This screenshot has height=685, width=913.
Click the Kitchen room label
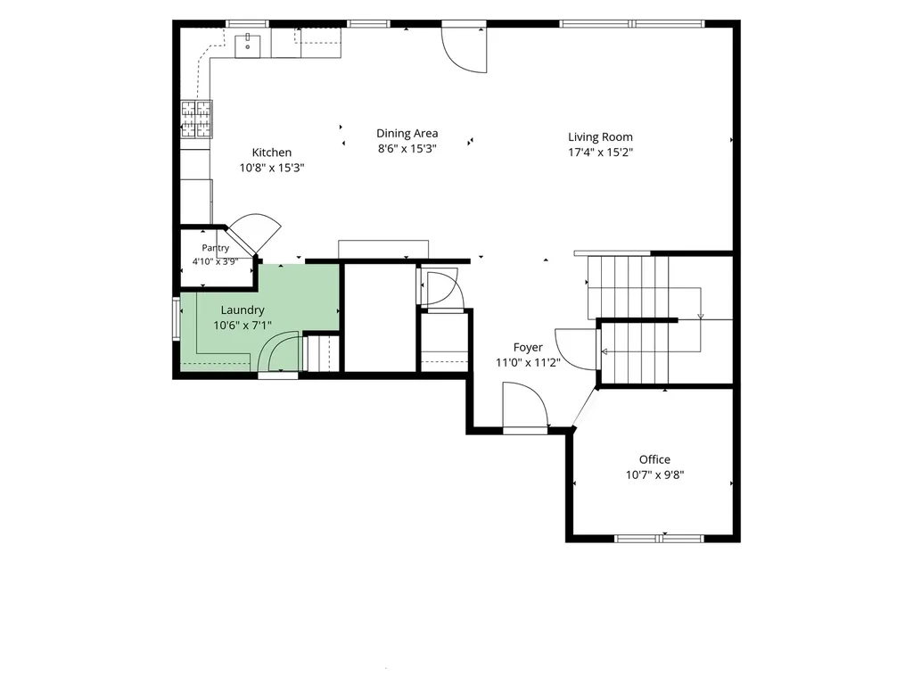[x=271, y=153]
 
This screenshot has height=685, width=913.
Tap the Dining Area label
[x=407, y=134]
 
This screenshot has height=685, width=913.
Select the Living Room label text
[x=600, y=137]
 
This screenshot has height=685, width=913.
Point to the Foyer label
[x=528, y=348]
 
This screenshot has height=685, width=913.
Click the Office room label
[x=654, y=459]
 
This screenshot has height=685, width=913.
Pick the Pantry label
[x=216, y=248]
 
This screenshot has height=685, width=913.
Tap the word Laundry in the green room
[x=243, y=310]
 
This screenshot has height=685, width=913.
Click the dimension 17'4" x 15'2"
[x=600, y=153]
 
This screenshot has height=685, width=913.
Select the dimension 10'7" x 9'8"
[x=654, y=475]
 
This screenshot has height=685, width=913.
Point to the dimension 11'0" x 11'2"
[x=528, y=363]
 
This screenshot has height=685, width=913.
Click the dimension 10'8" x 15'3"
[x=271, y=168]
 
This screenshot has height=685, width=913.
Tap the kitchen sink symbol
[x=248, y=45]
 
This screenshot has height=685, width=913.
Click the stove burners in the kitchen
[x=196, y=119]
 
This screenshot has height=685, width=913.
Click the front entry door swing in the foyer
[x=525, y=406]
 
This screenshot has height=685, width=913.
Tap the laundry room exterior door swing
[x=278, y=351]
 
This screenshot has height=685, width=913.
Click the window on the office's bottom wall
[x=660, y=539]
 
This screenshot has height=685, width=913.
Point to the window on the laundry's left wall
[x=176, y=318]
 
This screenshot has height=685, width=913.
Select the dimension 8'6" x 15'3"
[x=407, y=149]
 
